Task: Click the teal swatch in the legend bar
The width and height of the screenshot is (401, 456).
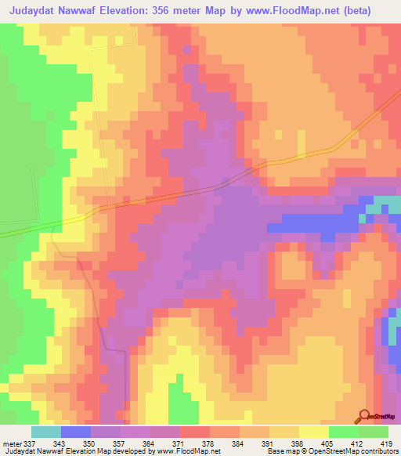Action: (46, 432)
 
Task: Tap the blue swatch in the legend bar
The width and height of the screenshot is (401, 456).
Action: (76, 432)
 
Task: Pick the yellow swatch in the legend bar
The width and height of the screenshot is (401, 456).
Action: (313, 432)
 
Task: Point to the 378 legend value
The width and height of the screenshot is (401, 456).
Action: (210, 444)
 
